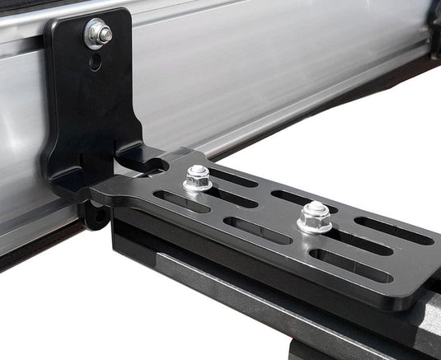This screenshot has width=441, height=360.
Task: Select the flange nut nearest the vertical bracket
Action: point(198,178)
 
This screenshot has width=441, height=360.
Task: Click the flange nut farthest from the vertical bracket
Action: point(314,217)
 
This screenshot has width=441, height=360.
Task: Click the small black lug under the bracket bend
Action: point(92,215)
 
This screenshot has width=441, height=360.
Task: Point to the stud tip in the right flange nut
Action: point(314,209)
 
